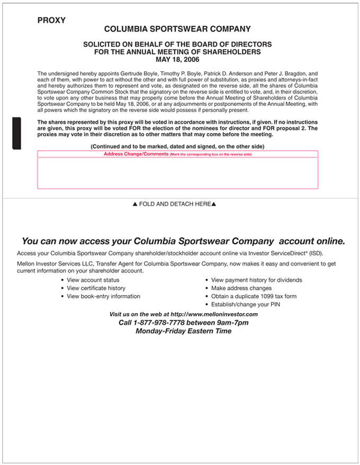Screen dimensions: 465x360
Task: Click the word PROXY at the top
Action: tap(51, 21)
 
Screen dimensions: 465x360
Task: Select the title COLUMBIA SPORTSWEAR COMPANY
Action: tap(177, 29)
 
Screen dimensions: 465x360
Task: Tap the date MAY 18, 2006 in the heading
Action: tap(177, 60)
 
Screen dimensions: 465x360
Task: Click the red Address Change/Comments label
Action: tap(136, 154)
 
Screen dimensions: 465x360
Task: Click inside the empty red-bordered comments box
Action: tap(177, 173)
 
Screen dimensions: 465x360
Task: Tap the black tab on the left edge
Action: tap(16, 133)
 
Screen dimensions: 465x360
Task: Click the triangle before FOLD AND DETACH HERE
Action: tap(135, 204)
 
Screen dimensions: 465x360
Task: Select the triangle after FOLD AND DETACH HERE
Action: tap(214, 204)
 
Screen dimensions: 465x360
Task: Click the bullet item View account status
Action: tap(93, 280)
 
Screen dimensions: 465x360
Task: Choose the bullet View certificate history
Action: tap(96, 288)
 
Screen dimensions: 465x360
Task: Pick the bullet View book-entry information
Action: tap(103, 296)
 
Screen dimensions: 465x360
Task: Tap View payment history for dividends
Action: tap(256, 280)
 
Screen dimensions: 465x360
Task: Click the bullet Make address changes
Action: tap(241, 288)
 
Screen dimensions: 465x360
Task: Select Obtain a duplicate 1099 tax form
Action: tap(254, 296)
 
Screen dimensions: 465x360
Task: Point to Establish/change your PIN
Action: tap(245, 304)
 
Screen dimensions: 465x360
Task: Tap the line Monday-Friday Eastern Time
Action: tap(183, 331)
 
